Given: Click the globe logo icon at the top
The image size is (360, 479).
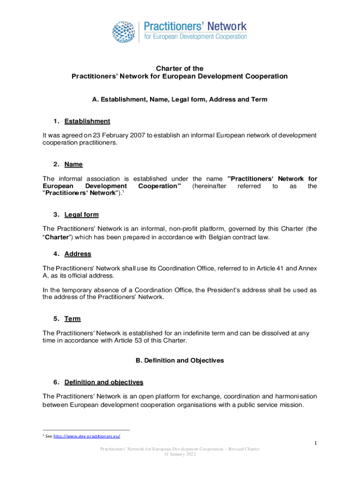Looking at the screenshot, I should click(124, 32).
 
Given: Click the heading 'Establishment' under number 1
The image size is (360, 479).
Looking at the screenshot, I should click(87, 121).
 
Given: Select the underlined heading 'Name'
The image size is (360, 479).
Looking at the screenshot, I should click(73, 164).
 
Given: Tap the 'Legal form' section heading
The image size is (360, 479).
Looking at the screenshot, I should click(81, 215).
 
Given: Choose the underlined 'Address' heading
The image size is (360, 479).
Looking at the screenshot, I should click(78, 254).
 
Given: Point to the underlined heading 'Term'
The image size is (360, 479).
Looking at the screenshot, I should click(72, 319).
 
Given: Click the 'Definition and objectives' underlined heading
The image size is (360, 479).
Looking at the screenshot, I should click(104, 382).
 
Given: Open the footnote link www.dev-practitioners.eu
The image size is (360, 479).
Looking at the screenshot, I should click(87, 436).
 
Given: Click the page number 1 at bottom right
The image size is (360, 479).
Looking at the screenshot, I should click(316, 443).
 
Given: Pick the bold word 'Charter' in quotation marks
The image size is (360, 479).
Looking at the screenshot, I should click(57, 237).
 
